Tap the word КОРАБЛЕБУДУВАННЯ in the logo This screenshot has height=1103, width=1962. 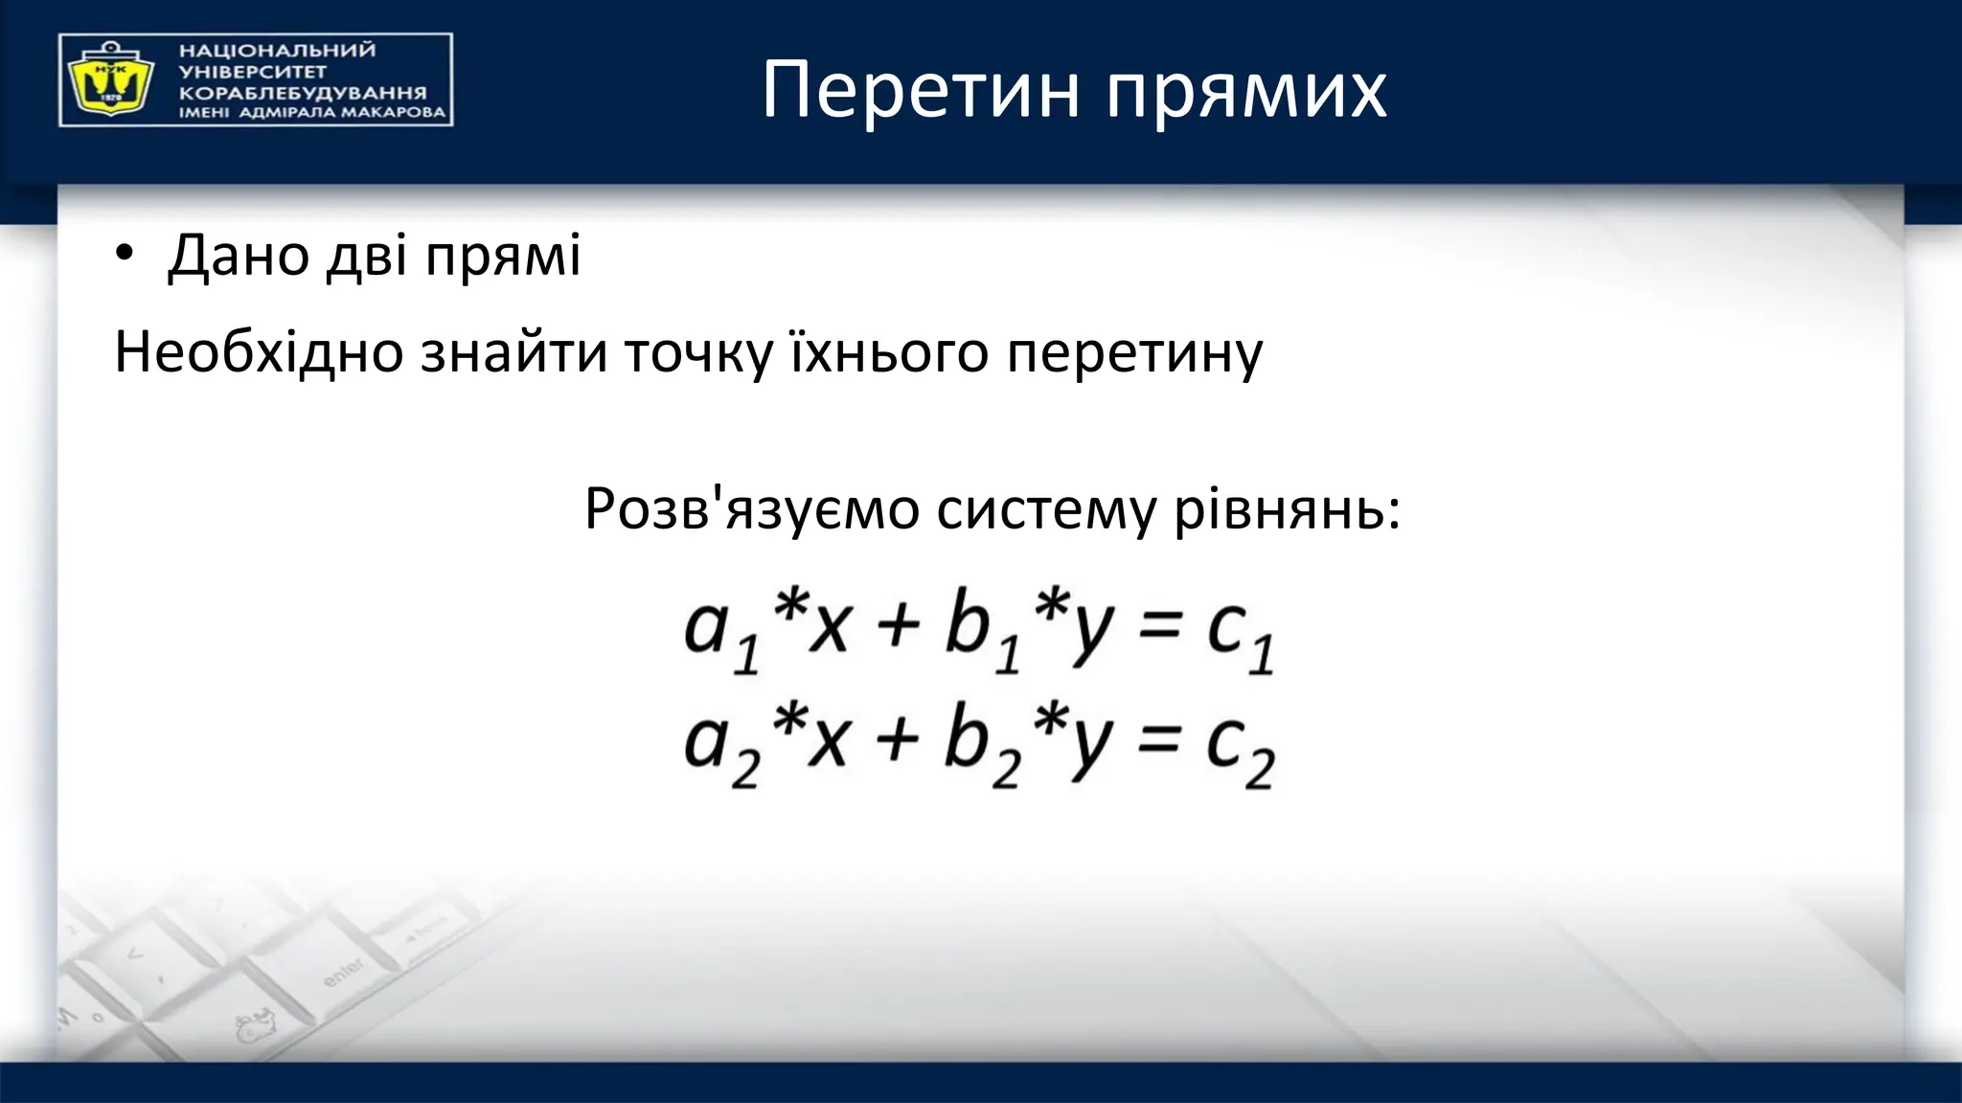[x=303, y=94]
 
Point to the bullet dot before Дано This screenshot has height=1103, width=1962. [x=125, y=256]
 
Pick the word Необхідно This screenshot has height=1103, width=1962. [x=258, y=351]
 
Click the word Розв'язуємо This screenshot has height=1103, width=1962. [x=751, y=508]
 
